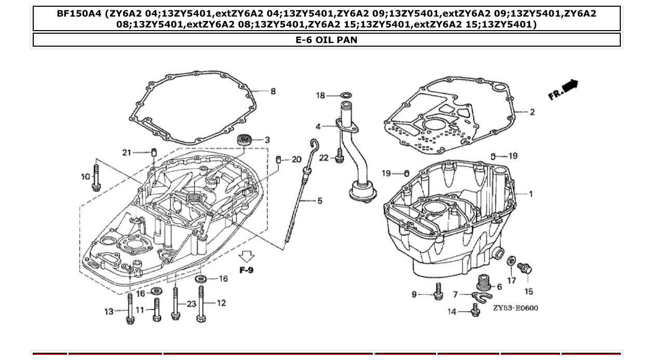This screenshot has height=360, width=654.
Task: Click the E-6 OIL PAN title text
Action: pos(326,39)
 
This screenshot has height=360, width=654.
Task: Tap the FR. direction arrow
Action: pos(563,90)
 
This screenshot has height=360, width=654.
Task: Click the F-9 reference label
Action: pos(247,270)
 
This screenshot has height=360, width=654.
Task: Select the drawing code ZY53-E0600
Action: pos(515,308)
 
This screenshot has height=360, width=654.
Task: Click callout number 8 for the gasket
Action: pos(273,91)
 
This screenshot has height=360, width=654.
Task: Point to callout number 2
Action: pos(532,112)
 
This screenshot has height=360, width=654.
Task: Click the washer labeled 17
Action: pos(511,260)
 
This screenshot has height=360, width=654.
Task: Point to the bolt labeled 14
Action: pos(475,310)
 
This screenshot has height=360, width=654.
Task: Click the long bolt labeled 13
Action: pos(130,308)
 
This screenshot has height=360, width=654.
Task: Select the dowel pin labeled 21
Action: pos(154,153)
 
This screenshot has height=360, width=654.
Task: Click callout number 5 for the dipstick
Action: pos(320,201)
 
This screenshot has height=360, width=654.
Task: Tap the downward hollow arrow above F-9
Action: pos(247,256)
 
